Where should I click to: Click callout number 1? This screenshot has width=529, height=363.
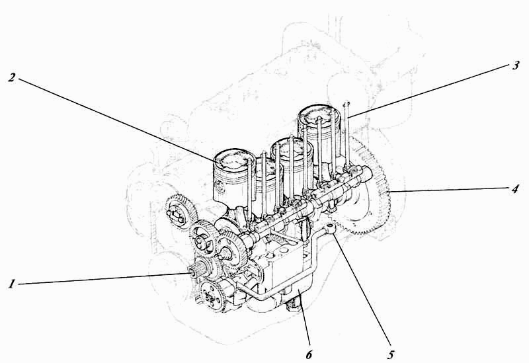(12, 284)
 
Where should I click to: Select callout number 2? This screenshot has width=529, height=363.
(12, 77)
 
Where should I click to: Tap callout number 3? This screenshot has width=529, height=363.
(515, 65)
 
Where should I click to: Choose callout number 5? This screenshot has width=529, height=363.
(391, 354)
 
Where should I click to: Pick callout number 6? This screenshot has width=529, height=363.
(309, 354)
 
